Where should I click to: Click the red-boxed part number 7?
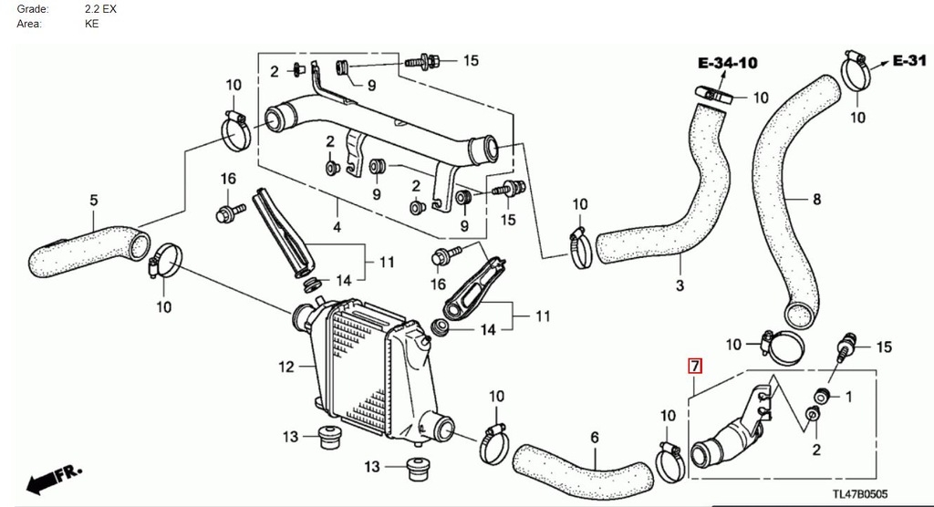pyautogui.click(x=694, y=367)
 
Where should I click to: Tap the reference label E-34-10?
pyautogui.click(x=727, y=64)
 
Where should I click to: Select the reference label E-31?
pyautogui.click(x=909, y=60)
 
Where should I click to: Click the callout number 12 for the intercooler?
pyautogui.click(x=286, y=367)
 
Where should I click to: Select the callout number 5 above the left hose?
pyautogui.click(x=93, y=201)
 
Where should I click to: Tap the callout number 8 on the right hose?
pyautogui.click(x=816, y=200)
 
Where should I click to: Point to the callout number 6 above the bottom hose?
pyautogui.click(x=595, y=438)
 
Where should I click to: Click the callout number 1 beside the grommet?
pyautogui.click(x=847, y=397)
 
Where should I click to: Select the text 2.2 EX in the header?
pyautogui.click(x=100, y=8)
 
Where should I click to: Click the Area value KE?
pyautogui.click(x=91, y=24)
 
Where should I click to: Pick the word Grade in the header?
pyautogui.click(x=32, y=8)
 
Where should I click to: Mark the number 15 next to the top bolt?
pyautogui.click(x=470, y=61)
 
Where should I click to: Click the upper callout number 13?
pyautogui.click(x=290, y=438)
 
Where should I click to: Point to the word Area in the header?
pyautogui.click(x=29, y=24)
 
